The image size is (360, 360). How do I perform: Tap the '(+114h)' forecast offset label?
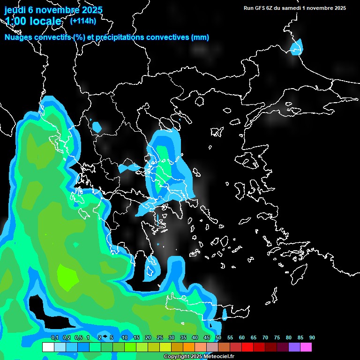pos(83,21)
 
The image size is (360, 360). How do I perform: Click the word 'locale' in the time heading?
pos(45,21)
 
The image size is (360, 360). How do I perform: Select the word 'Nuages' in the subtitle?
pos(18,37)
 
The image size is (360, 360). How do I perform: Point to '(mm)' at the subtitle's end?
pos(200,37)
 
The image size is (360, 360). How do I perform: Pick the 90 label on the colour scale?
pos(312,338)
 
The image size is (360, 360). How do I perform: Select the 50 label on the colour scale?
pos(218,338)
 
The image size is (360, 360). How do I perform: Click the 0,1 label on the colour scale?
pos(54,338)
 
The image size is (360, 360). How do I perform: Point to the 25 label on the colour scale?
pos(159,338)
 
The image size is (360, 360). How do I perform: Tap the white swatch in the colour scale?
pos(48,347)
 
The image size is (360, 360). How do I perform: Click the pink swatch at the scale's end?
pos(306,347)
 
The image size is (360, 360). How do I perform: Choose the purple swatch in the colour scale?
pos(294,347)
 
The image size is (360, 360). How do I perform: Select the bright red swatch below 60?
pos(247,347)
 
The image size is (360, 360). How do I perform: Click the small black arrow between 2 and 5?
pos(105,337)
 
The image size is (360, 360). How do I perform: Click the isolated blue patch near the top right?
pos(296,47)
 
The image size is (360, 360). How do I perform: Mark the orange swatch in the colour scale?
pos(189,347)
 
